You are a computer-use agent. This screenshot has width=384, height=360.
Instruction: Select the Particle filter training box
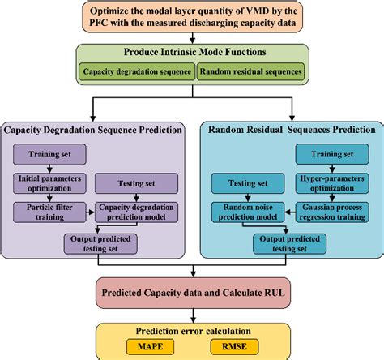pyautogui.click(x=49, y=212)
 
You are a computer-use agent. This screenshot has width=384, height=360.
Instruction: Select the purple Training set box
pyautogui.click(x=49, y=152)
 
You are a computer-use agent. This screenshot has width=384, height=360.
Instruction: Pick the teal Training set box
pyautogui.click(x=331, y=152)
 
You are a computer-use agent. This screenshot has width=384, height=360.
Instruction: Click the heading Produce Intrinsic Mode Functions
pyautogui.click(x=192, y=52)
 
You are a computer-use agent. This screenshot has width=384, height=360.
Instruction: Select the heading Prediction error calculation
pyautogui.click(x=191, y=329)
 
